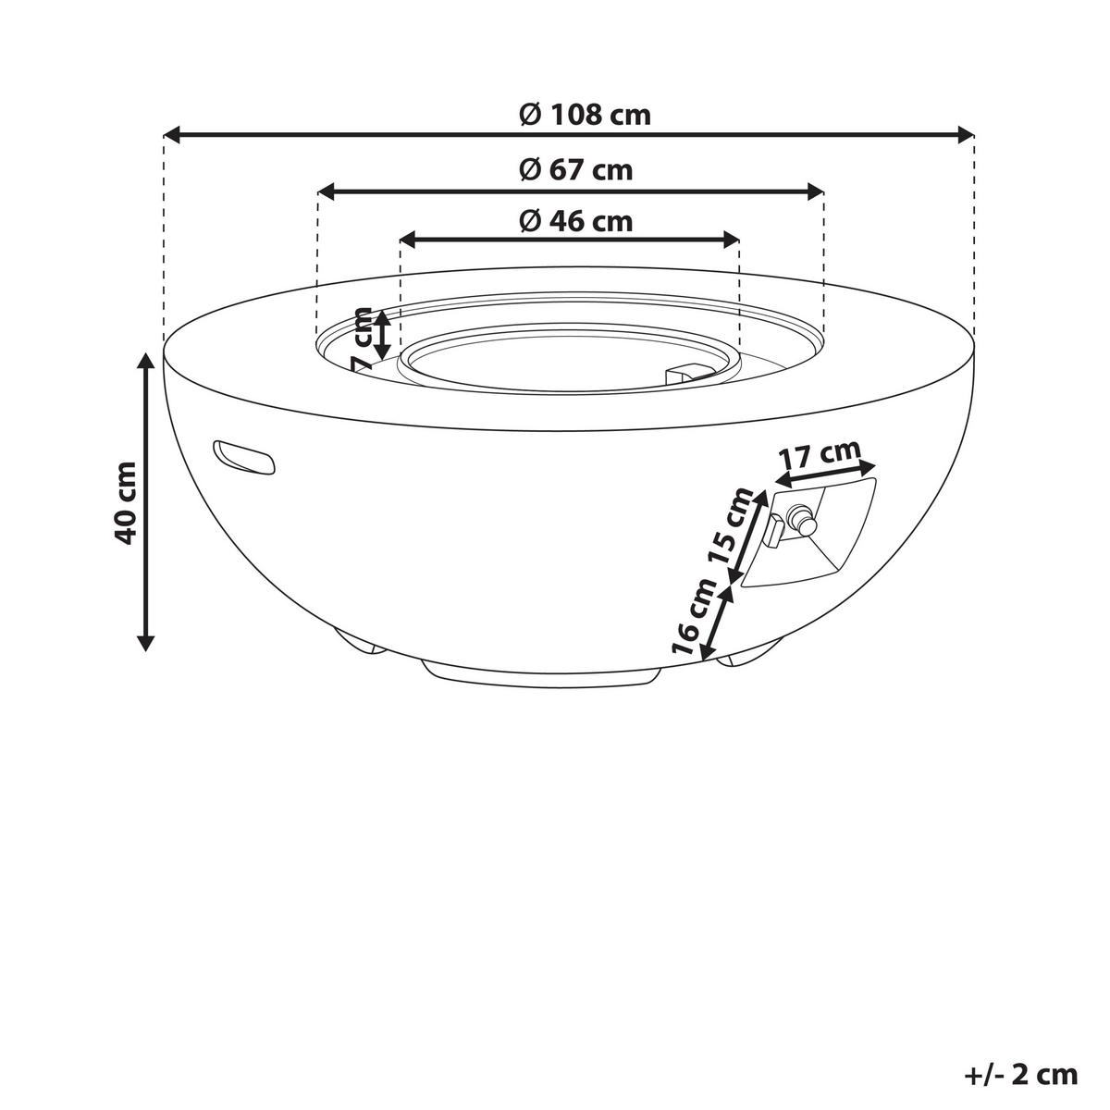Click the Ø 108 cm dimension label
(x=584, y=115)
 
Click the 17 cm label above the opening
(x=818, y=455)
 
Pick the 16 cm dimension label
(x=695, y=617)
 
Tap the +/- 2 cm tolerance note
(x=1020, y=1075)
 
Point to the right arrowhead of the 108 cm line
(x=968, y=135)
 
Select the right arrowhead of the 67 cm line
(x=816, y=191)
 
